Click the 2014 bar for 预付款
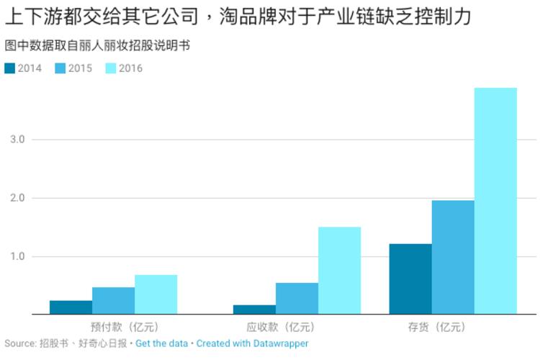coord(71,307)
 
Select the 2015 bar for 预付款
coord(113,301)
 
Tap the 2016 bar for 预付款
coord(156,294)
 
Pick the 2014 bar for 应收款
coord(254,310)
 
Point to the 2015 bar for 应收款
coord(297,299)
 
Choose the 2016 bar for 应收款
coord(339,271)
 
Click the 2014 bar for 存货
coord(410,279)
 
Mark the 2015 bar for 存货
coord(453,257)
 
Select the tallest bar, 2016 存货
coord(495,201)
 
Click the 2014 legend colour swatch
coord(9,68)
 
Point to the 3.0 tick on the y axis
coord(17,140)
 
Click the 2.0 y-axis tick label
coord(17,198)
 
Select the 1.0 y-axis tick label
coord(17,256)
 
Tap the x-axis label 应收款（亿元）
coord(297,327)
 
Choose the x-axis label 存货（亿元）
coord(453,327)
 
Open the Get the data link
coord(162,343)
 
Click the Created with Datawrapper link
coord(252,343)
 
